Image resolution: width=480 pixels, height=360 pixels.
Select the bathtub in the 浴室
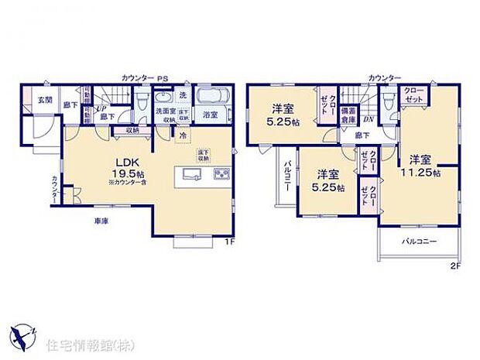pos(209,99)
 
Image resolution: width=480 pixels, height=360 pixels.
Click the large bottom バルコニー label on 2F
pos(419,242)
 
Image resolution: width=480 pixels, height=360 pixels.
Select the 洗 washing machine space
pos(183,95)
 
